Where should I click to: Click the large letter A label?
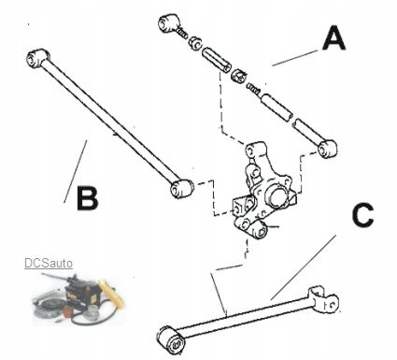[333, 38]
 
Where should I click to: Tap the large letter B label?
[88, 198]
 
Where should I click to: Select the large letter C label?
[362, 215]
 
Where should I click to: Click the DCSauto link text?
[49, 263]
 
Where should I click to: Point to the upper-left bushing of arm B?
[38, 57]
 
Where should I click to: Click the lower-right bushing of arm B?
[182, 188]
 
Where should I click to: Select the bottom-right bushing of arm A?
[328, 149]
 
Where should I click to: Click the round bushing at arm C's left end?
[170, 339]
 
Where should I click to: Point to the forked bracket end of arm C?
[323, 301]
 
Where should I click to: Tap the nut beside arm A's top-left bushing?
[196, 43]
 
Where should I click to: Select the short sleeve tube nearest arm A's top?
[217, 60]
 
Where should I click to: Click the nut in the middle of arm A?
[239, 76]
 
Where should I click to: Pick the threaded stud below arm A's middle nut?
[253, 87]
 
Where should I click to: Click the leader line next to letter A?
[294, 58]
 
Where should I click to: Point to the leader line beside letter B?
[76, 172]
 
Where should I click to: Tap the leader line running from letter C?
[304, 267]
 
